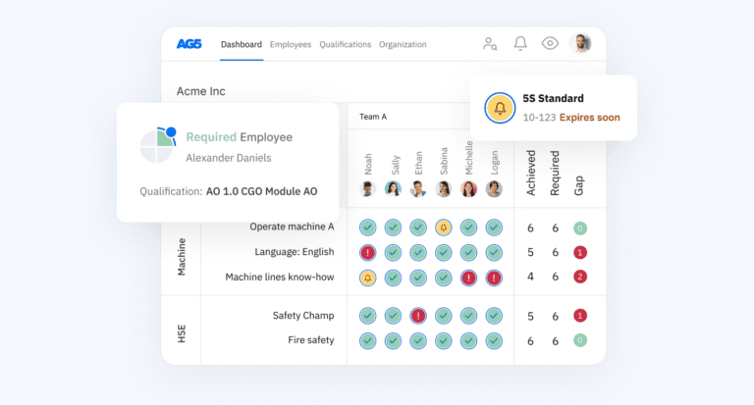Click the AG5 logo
coord(189,44)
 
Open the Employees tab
coord(291,44)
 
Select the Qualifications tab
coord(346,44)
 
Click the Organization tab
coord(403,44)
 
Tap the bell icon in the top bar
coord(520,43)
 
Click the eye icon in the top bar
coord(550,43)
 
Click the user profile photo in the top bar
coord(581,43)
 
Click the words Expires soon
coord(590,118)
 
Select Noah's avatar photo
coord(368,188)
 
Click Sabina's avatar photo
coord(444,188)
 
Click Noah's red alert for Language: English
coord(368,252)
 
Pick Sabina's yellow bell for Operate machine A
coord(444,228)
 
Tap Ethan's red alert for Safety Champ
coord(418,316)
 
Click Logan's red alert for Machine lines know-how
coord(494,278)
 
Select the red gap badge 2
coord(580,278)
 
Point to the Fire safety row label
coord(311,340)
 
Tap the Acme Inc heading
coord(200,91)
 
